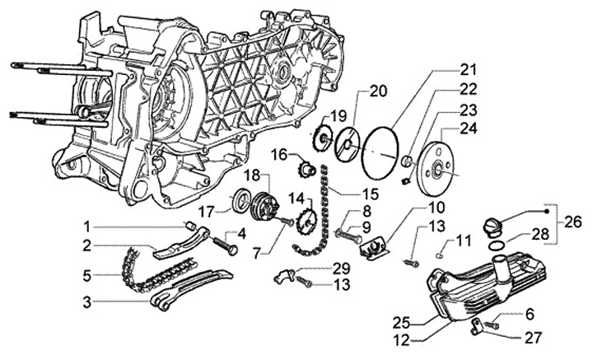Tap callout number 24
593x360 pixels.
pyautogui.click(x=469, y=128)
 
